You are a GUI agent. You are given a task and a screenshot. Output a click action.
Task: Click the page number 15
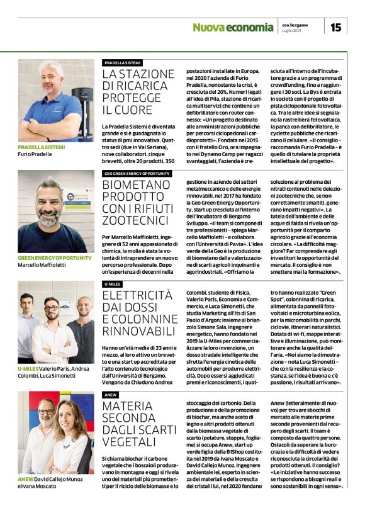[336, 26]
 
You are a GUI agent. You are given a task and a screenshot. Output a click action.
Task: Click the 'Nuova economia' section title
[233, 27]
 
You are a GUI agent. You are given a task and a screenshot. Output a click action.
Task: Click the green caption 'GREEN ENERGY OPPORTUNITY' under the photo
[53, 258]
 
